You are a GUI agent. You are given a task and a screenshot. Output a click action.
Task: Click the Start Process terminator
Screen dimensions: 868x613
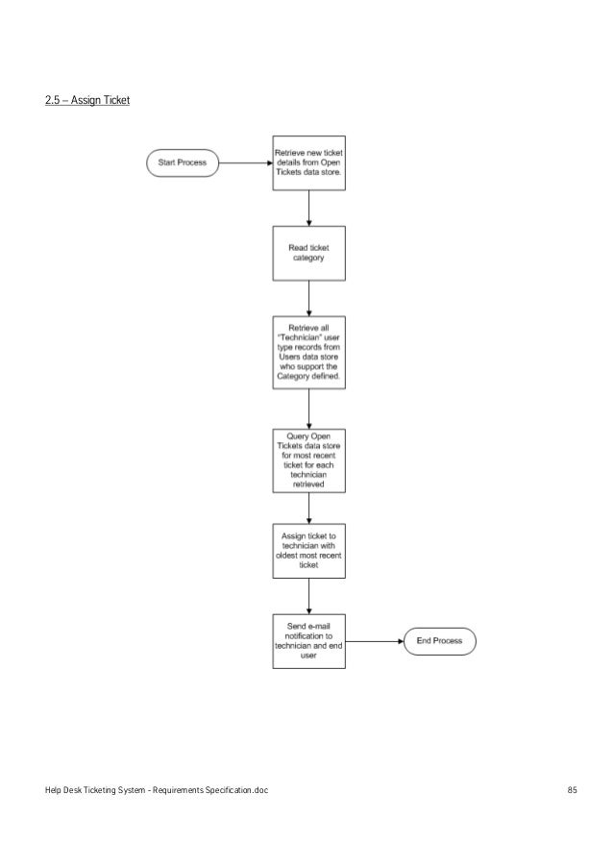(183, 163)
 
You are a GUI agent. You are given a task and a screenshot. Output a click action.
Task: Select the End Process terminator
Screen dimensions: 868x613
(438, 641)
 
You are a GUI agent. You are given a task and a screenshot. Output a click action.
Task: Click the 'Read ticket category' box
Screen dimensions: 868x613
(308, 253)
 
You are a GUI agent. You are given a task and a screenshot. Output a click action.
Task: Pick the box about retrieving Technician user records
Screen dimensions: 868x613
(308, 353)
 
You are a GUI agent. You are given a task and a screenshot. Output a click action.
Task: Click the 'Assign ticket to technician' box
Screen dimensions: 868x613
(308, 550)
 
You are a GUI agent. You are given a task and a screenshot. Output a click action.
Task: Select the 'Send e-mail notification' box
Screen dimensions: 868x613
(308, 641)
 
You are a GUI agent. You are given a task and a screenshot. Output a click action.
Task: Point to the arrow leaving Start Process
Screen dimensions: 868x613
(246, 163)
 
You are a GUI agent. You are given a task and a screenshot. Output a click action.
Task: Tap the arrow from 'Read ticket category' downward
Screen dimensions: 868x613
(308, 299)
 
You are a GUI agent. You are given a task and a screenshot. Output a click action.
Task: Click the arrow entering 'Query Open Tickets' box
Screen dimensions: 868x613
(308, 409)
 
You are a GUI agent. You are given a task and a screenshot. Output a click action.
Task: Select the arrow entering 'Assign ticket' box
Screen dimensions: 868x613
(308, 506)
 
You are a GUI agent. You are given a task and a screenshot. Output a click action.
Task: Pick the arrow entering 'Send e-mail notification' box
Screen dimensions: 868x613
(308, 595)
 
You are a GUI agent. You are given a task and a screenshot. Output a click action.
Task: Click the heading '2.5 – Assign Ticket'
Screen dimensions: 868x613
(87, 100)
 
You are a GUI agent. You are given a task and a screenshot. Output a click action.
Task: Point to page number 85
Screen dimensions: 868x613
(572, 789)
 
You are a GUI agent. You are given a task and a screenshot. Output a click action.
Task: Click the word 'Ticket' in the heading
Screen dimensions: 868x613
(115, 100)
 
